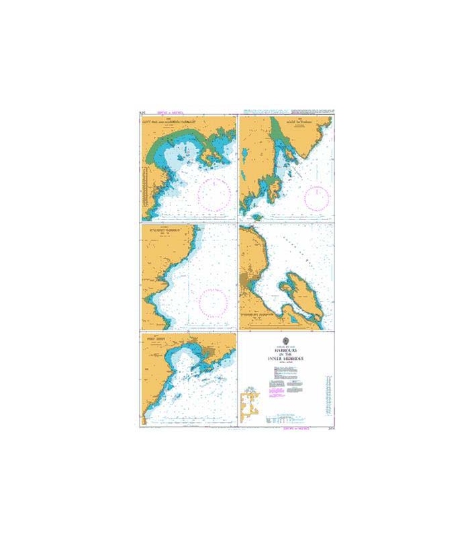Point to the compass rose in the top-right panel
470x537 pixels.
316,197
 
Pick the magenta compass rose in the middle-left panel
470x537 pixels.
214,299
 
